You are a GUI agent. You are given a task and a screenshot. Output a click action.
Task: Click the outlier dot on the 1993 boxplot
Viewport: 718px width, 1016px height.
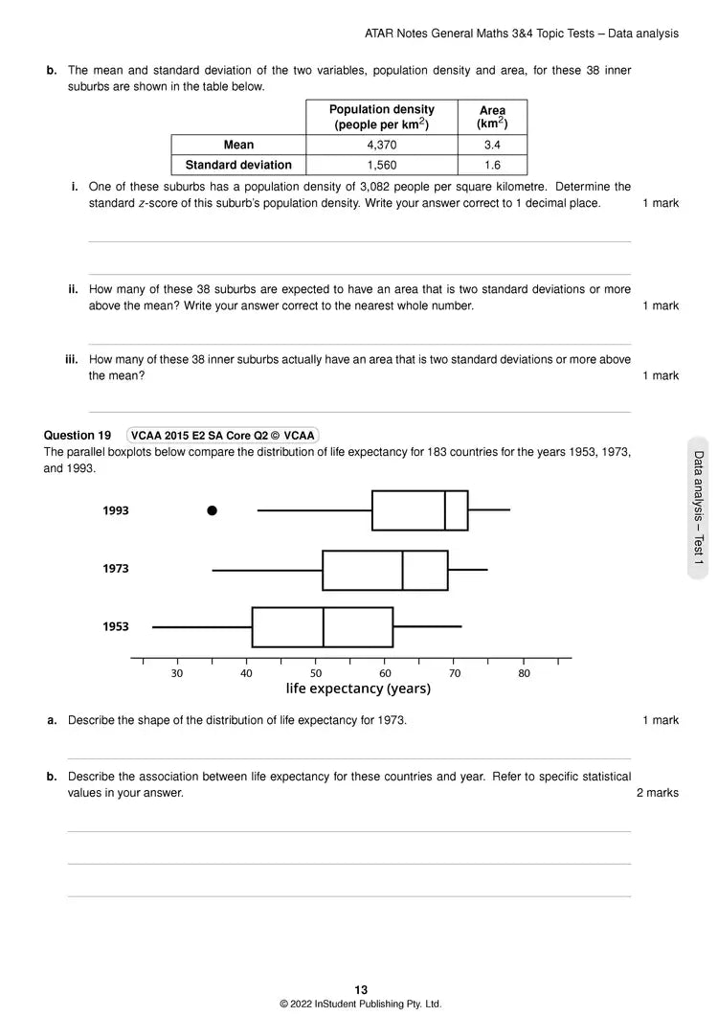(x=213, y=510)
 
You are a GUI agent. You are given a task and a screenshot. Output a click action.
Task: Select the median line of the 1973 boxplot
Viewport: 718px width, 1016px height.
(x=403, y=570)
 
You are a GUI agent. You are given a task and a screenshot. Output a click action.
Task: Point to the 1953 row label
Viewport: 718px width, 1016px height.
(x=116, y=626)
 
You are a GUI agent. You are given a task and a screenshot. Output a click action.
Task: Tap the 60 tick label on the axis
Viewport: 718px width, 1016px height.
(x=385, y=673)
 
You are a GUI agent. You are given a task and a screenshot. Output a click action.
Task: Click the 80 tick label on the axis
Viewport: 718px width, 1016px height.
(x=524, y=673)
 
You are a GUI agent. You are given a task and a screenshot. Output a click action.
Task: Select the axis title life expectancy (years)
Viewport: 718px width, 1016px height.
(x=358, y=689)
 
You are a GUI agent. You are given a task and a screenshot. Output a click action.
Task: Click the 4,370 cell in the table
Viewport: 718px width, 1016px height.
(x=382, y=145)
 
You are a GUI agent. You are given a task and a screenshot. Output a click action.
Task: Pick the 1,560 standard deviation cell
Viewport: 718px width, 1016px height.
(x=382, y=165)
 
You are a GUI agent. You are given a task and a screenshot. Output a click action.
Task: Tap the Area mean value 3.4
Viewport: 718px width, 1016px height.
(x=492, y=145)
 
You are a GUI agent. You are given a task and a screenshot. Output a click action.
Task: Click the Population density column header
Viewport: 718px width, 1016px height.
(x=382, y=117)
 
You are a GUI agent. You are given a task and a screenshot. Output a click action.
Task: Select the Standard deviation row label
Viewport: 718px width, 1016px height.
(x=238, y=165)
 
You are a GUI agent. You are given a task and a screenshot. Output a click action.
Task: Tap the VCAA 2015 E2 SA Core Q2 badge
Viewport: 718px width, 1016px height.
(x=222, y=436)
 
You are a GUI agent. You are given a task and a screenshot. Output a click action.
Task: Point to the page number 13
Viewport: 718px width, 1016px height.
(x=360, y=990)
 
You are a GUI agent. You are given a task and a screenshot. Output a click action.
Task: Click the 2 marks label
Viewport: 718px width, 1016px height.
(x=658, y=793)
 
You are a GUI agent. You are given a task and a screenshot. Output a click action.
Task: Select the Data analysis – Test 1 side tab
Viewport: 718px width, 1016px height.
(x=698, y=508)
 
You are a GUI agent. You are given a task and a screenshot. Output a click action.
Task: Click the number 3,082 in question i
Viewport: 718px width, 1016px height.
(x=432, y=187)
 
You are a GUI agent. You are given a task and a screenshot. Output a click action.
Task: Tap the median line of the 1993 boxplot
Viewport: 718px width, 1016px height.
(x=445, y=510)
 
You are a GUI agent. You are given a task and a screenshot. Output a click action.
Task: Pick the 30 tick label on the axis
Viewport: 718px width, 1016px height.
(x=177, y=673)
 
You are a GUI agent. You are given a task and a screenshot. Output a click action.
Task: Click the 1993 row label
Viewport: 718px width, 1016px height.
(x=116, y=510)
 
